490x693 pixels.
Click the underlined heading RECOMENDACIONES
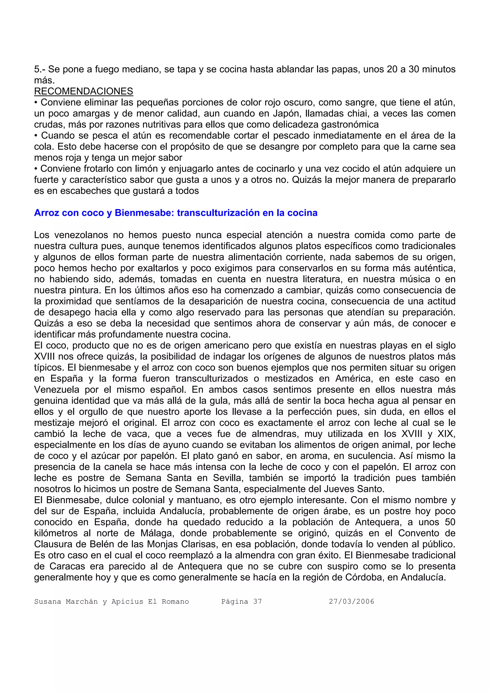[84, 91]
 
